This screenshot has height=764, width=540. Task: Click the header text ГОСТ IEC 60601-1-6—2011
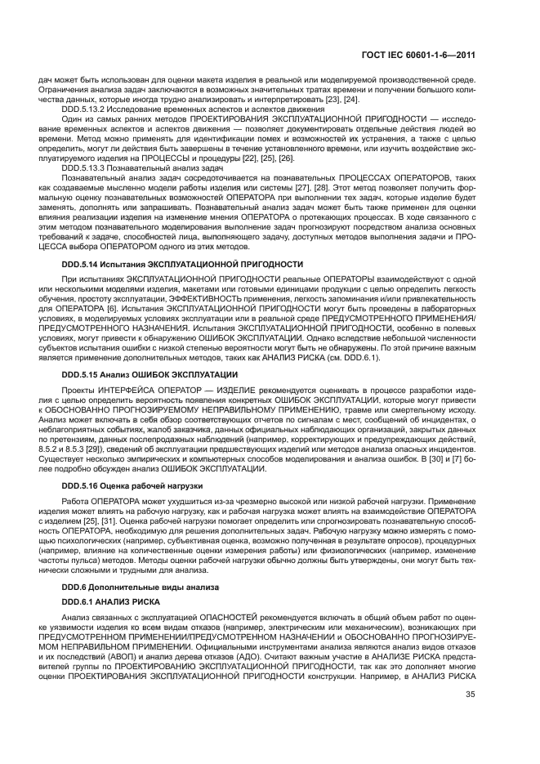(x=431, y=56)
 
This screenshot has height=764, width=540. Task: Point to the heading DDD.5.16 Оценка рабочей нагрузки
(x=143, y=485)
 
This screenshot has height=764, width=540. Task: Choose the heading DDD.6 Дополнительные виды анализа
(x=144, y=588)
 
